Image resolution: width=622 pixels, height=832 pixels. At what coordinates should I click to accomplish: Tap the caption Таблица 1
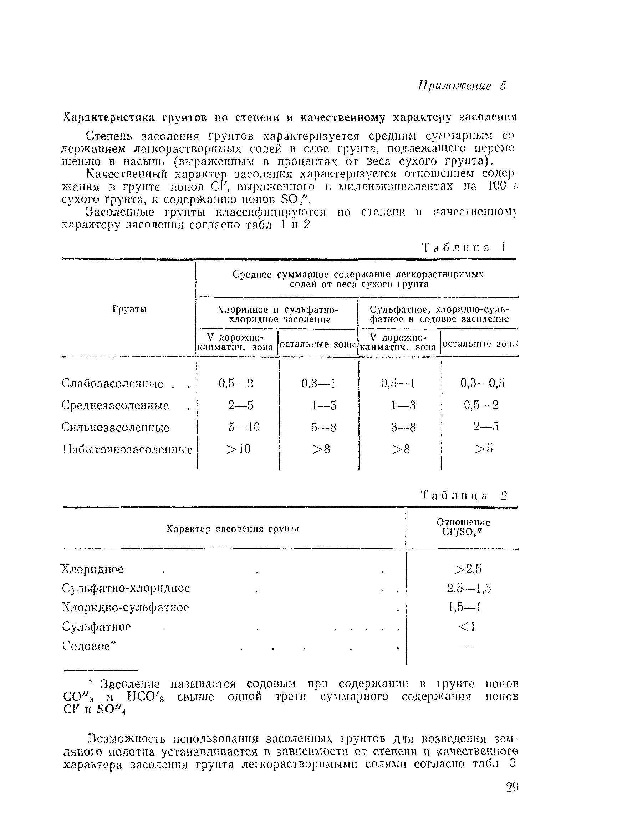pyautogui.click(x=464, y=247)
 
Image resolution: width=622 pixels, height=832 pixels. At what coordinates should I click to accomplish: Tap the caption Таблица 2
pyautogui.click(x=464, y=495)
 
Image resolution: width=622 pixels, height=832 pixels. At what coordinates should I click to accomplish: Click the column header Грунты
pyautogui.click(x=129, y=309)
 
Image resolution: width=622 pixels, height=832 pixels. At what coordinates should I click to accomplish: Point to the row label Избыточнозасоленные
pyautogui.click(x=127, y=449)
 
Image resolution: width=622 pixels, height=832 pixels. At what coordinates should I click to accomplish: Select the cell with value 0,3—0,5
pyautogui.click(x=482, y=383)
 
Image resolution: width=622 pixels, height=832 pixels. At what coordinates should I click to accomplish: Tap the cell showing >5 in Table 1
pyautogui.click(x=483, y=448)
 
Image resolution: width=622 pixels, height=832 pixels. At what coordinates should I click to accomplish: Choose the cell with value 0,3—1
pyautogui.click(x=318, y=383)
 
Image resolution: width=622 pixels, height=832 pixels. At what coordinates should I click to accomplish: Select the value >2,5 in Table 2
pyautogui.click(x=468, y=569)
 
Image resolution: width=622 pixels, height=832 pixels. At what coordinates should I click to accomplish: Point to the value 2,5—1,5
pyautogui.click(x=468, y=588)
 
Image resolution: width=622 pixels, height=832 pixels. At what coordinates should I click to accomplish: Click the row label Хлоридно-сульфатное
pyautogui.click(x=125, y=607)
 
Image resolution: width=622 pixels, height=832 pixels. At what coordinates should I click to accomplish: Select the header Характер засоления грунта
pyautogui.click(x=233, y=529)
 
